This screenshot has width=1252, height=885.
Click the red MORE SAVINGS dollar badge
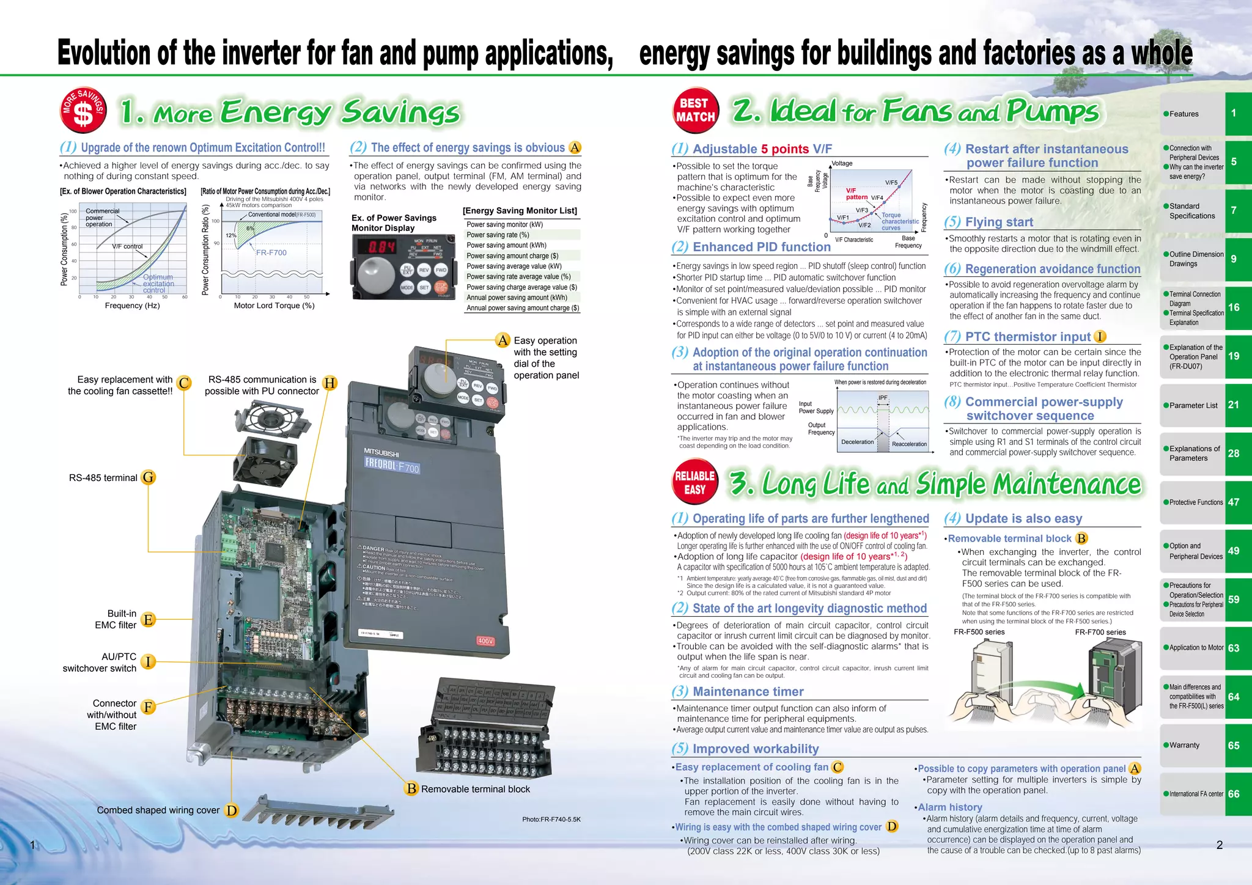tap(83, 110)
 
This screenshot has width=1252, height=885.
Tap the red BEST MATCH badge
tap(695, 111)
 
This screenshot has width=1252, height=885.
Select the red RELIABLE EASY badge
tap(694, 483)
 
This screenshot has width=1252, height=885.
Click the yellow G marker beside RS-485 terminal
tap(149, 477)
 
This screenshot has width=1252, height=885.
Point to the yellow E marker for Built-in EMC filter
tap(148, 619)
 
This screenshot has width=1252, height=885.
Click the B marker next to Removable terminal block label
tap(411, 788)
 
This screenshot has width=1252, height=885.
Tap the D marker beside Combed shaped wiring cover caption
tap(231, 810)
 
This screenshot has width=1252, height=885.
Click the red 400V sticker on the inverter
tap(485, 641)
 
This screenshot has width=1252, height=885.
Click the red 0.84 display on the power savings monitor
tap(375, 247)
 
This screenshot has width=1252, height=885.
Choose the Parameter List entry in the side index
tap(1193, 405)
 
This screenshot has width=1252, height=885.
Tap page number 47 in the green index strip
tap(1234, 502)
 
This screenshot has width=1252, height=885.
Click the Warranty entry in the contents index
tap(1184, 745)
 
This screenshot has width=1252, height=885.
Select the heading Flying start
tap(999, 222)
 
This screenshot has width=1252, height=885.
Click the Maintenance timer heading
tap(748, 691)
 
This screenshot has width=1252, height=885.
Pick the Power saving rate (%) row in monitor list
tap(498, 235)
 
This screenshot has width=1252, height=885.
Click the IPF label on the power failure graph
tap(882, 398)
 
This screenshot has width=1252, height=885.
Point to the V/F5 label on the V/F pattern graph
tap(891, 183)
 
